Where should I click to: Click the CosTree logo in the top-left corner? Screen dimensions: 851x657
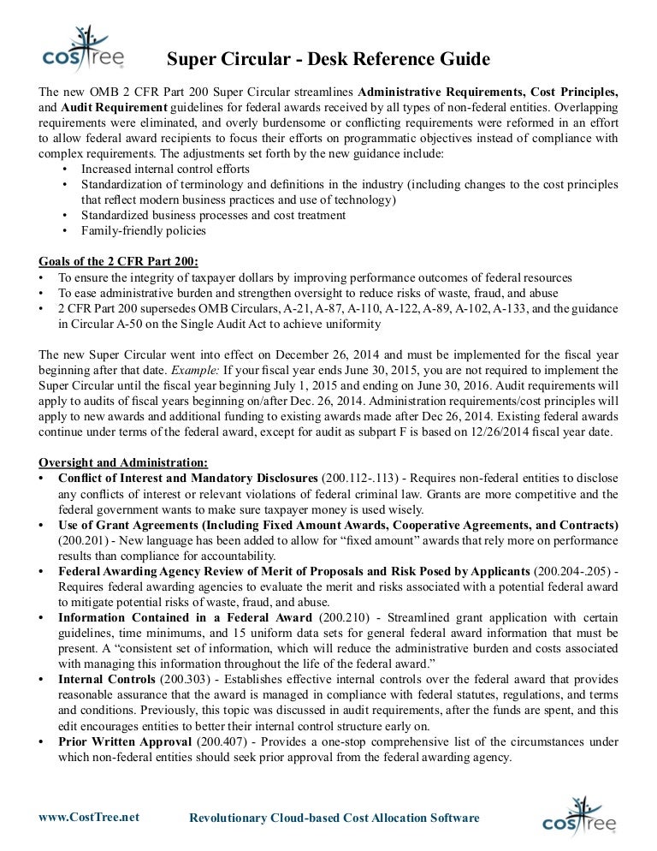coord(83,48)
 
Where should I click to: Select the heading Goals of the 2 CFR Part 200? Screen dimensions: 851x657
coord(125,261)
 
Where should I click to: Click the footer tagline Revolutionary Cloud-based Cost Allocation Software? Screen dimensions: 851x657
coord(334,818)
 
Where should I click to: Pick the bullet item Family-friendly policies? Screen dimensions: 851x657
coord(144,231)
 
